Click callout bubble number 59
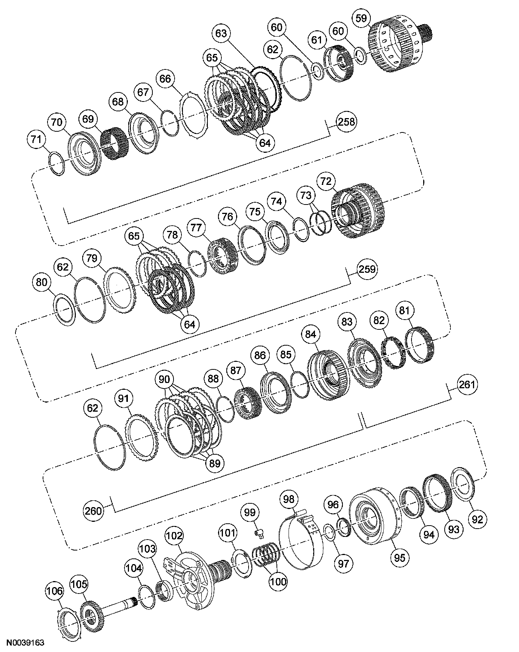[361, 18]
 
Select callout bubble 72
[326, 181]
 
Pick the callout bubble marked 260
[93, 511]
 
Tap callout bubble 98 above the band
[289, 499]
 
